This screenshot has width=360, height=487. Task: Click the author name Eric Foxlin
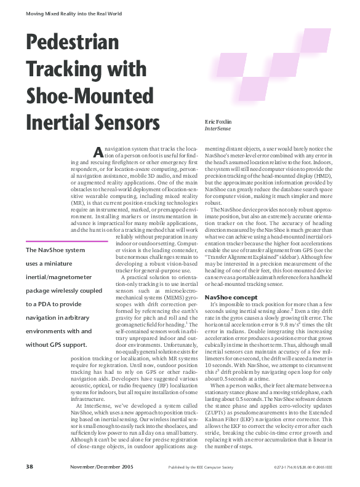[218, 122]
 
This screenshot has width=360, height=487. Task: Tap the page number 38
[30, 467]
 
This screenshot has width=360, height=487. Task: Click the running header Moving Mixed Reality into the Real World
[69, 12]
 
